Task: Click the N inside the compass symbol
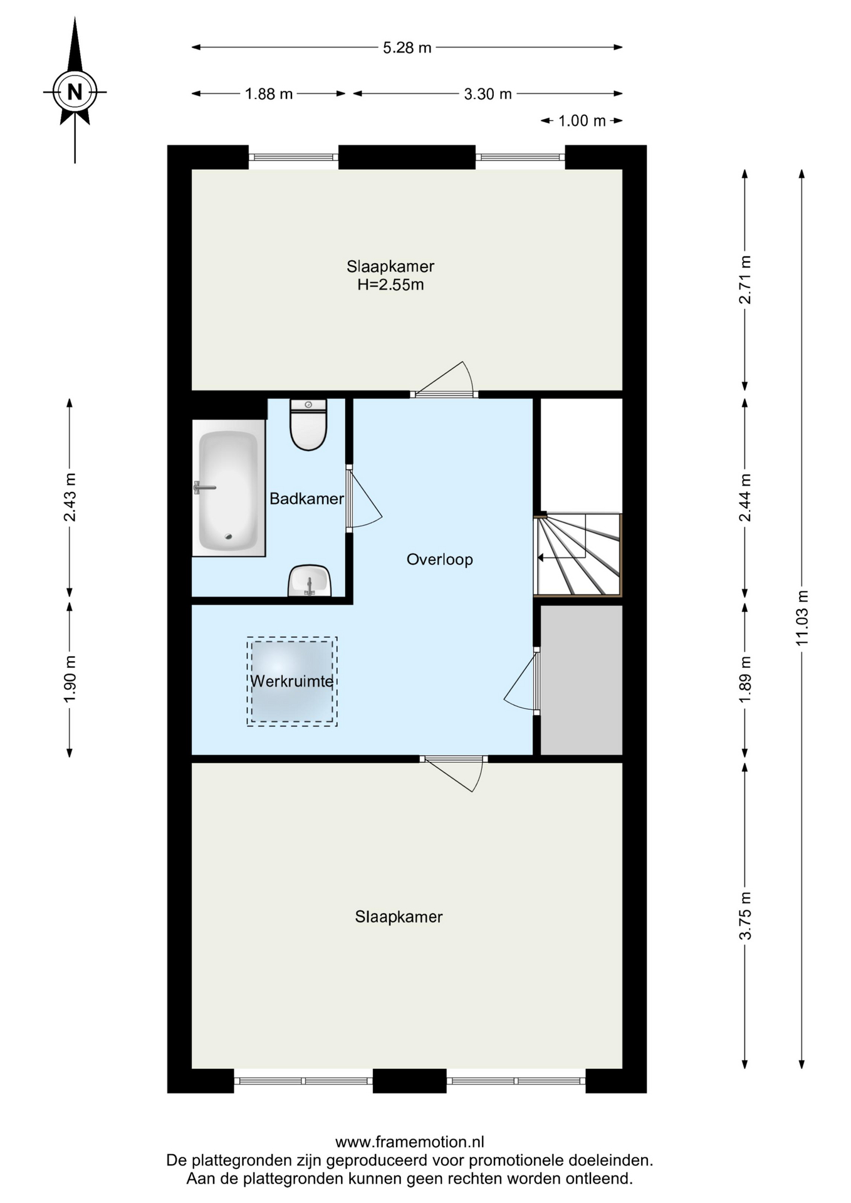click(x=75, y=92)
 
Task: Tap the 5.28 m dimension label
click(x=407, y=48)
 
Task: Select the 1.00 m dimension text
click(x=582, y=121)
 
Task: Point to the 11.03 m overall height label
click(x=802, y=618)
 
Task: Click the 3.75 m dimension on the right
click(x=745, y=916)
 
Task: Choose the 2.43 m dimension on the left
click(x=70, y=497)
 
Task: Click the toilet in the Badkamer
click(x=308, y=425)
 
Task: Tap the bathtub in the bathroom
click(x=229, y=488)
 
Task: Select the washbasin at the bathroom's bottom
click(x=310, y=581)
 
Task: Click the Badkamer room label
click(x=306, y=499)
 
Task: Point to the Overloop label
click(x=439, y=560)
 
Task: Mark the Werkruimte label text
click(x=292, y=681)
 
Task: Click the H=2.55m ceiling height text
click(x=390, y=285)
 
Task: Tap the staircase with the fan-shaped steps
click(x=578, y=555)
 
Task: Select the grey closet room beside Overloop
click(x=582, y=680)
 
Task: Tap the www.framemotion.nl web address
click(x=410, y=1142)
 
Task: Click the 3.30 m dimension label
click(x=488, y=94)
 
